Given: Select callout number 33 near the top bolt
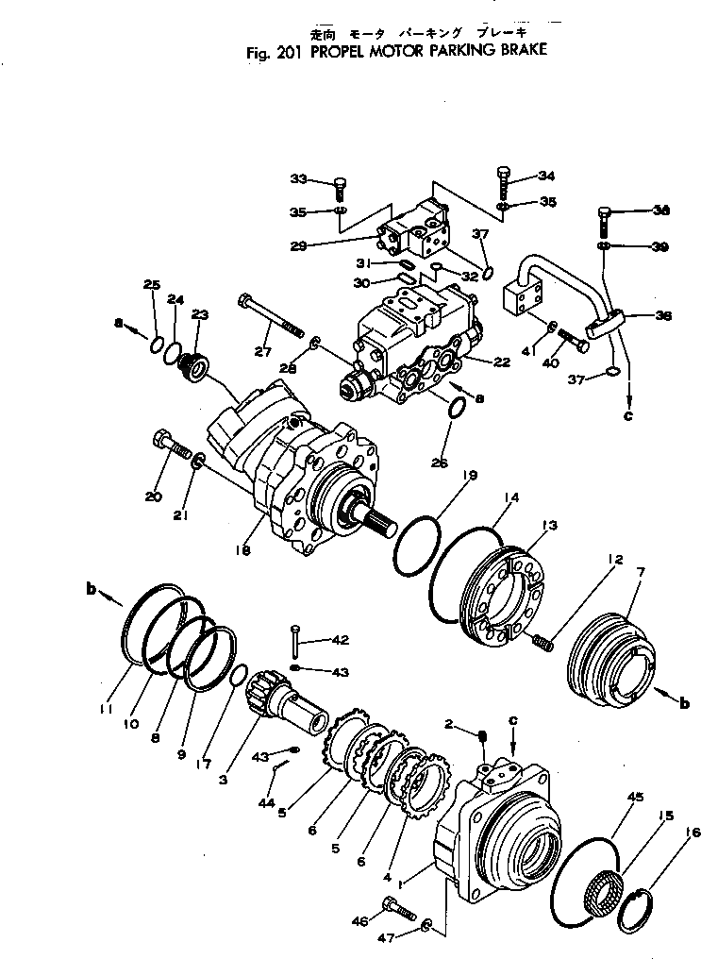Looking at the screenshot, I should pos(299,177).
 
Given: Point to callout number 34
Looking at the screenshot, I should pos(546,176).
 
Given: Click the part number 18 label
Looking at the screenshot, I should pos(244,549).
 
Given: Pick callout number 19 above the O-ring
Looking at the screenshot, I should pos(469,477).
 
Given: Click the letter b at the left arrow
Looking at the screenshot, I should pos(92,589).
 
